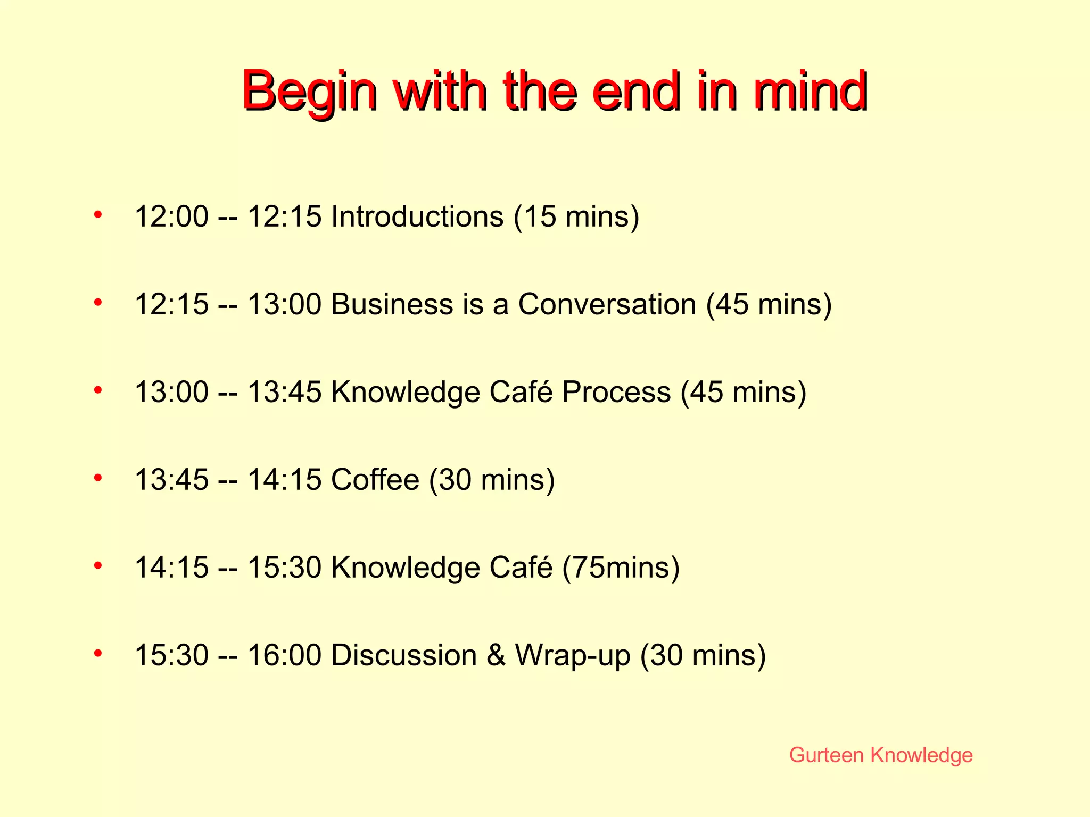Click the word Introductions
click(x=417, y=216)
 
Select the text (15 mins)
click(x=576, y=216)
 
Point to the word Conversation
click(x=607, y=304)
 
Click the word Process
click(x=616, y=392)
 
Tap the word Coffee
click(x=375, y=479)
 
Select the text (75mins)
click(x=621, y=567)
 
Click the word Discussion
click(x=403, y=655)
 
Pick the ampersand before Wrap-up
click(x=496, y=655)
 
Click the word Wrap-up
click(x=573, y=655)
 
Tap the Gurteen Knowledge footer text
click(x=881, y=755)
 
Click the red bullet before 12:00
click(x=97, y=215)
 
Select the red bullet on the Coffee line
click(x=97, y=478)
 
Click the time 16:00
click(x=285, y=655)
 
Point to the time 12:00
click(x=171, y=216)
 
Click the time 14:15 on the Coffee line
click(x=285, y=479)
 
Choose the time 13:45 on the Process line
click(x=285, y=392)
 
